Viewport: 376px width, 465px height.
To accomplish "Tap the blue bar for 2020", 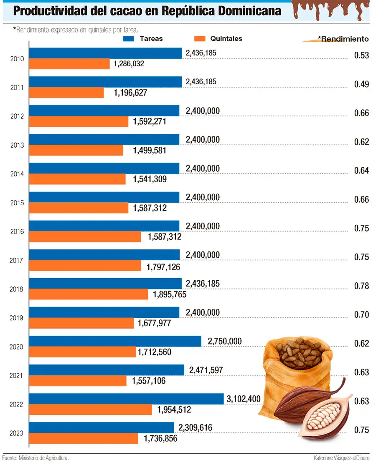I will (x=115, y=341).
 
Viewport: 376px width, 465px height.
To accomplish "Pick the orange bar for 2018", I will (x=88, y=294).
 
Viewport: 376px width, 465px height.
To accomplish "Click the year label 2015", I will (x=17, y=203).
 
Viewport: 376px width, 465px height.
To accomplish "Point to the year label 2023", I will (x=17, y=433).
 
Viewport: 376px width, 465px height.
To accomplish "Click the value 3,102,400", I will (x=244, y=399).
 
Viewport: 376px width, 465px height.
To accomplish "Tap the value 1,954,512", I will (x=174, y=410).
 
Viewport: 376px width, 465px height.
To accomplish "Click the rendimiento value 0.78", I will (x=361, y=286).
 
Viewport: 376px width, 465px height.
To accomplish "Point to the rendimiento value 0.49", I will (x=361, y=84).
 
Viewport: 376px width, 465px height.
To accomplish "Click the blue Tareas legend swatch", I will (x=128, y=39).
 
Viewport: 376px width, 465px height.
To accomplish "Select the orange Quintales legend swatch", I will (x=201, y=39).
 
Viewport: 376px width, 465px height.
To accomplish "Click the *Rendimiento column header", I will (x=343, y=39).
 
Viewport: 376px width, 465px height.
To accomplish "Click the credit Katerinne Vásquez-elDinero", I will (x=342, y=458).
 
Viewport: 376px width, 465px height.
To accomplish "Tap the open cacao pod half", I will (x=324, y=417).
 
